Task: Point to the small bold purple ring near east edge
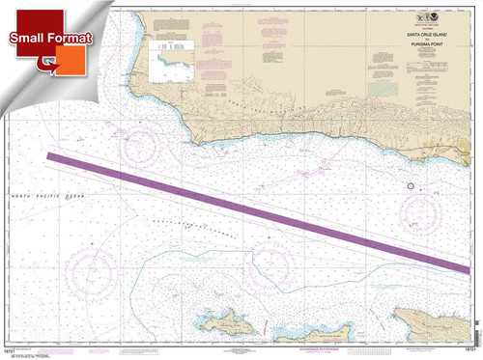(x=411, y=185)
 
